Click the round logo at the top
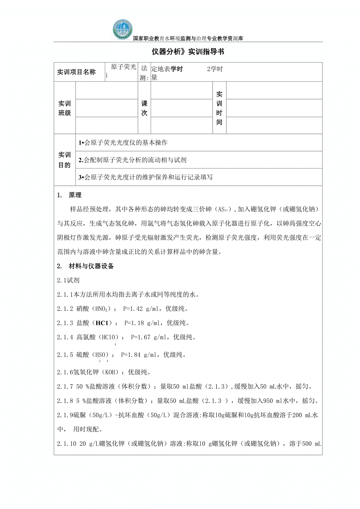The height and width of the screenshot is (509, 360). (x=123, y=29)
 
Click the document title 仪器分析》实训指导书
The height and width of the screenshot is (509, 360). (x=188, y=52)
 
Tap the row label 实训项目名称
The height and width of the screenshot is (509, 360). (x=76, y=72)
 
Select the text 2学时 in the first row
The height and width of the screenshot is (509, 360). (x=215, y=69)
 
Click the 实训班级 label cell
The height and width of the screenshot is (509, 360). (x=65, y=108)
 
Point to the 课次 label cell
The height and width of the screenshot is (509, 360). (x=144, y=108)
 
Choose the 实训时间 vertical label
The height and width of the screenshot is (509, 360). (x=220, y=108)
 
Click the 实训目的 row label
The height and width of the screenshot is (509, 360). (x=65, y=160)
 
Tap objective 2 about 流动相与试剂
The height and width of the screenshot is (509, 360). (x=132, y=160)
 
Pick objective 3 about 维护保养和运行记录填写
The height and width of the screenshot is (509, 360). (x=146, y=177)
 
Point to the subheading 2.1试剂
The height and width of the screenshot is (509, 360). (x=68, y=280)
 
